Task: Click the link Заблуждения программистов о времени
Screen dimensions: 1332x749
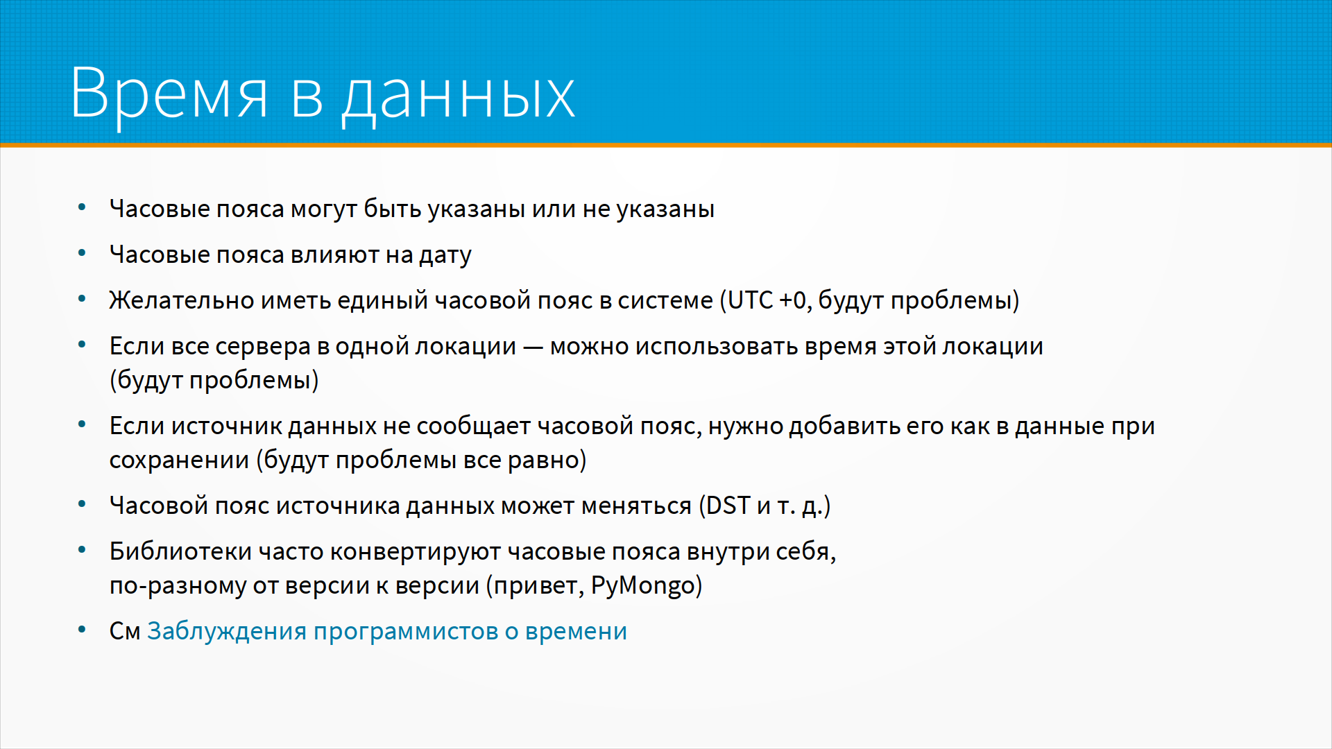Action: click(387, 631)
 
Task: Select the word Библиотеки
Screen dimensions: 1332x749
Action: click(180, 551)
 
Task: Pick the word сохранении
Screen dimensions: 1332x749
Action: click(179, 460)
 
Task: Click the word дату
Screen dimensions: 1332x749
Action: click(445, 256)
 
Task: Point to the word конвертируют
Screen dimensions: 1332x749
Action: click(415, 552)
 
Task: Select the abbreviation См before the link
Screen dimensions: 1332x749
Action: click(125, 631)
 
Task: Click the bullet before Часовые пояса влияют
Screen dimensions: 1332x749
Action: click(82, 253)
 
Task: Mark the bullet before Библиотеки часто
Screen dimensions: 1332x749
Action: click(82, 550)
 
